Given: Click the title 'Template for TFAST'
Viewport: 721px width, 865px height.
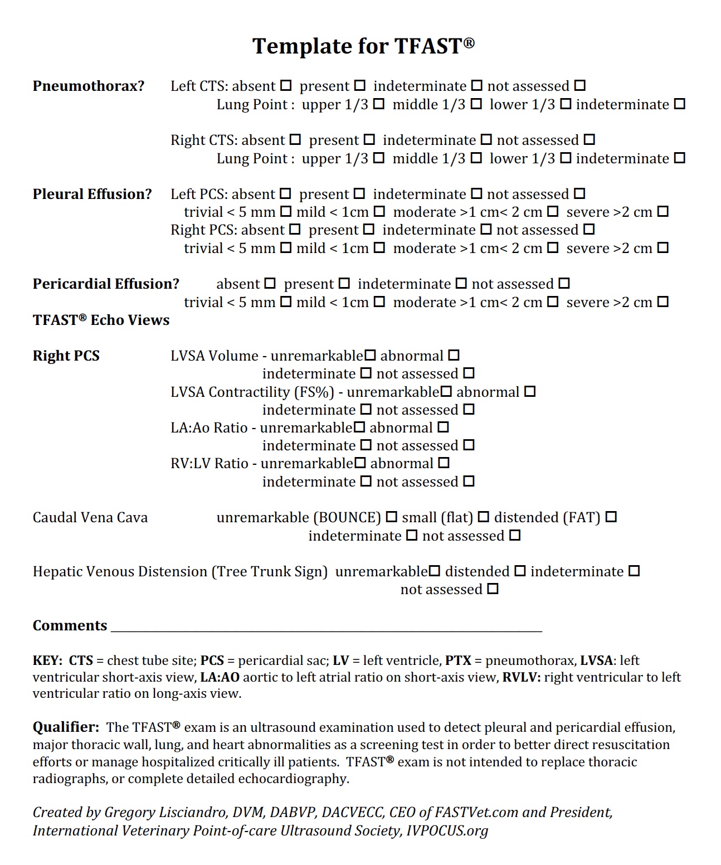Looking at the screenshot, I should click(x=363, y=46).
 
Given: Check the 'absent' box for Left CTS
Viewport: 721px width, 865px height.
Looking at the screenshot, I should click(x=286, y=86).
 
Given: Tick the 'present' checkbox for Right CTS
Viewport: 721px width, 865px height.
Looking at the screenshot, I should click(x=369, y=139).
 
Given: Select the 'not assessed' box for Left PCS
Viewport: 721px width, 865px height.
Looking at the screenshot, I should click(x=579, y=194).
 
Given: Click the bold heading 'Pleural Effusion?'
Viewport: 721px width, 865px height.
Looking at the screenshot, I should click(x=92, y=194).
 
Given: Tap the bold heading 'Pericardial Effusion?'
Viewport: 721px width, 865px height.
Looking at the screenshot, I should click(x=106, y=284).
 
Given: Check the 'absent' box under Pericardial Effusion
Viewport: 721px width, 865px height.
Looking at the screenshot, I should click(x=270, y=284).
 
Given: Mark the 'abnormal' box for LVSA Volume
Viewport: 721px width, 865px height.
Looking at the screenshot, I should click(x=454, y=355).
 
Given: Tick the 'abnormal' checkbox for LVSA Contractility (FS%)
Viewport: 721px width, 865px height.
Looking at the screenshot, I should click(x=530, y=391).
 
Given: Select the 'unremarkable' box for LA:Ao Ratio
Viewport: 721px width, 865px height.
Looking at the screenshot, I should click(x=359, y=427).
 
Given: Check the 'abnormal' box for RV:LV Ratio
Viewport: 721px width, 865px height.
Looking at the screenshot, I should click(x=444, y=463).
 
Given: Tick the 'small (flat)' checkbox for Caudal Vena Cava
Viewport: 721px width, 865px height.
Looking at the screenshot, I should click(x=484, y=517).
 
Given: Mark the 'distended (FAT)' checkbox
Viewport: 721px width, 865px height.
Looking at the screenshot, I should click(x=611, y=517).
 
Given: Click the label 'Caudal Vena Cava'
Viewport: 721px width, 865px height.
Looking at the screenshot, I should click(x=90, y=518).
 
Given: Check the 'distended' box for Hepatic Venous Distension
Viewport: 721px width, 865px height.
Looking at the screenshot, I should click(x=520, y=571).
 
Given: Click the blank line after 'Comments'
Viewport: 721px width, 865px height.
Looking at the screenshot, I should click(x=326, y=626).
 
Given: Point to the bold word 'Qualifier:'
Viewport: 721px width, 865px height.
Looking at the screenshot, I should click(x=66, y=727).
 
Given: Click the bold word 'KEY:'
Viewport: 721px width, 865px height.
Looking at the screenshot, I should click(x=47, y=660).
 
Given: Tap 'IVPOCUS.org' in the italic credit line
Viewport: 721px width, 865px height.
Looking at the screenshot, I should click(x=447, y=830).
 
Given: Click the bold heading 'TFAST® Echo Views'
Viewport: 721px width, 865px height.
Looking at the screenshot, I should click(x=101, y=320).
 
